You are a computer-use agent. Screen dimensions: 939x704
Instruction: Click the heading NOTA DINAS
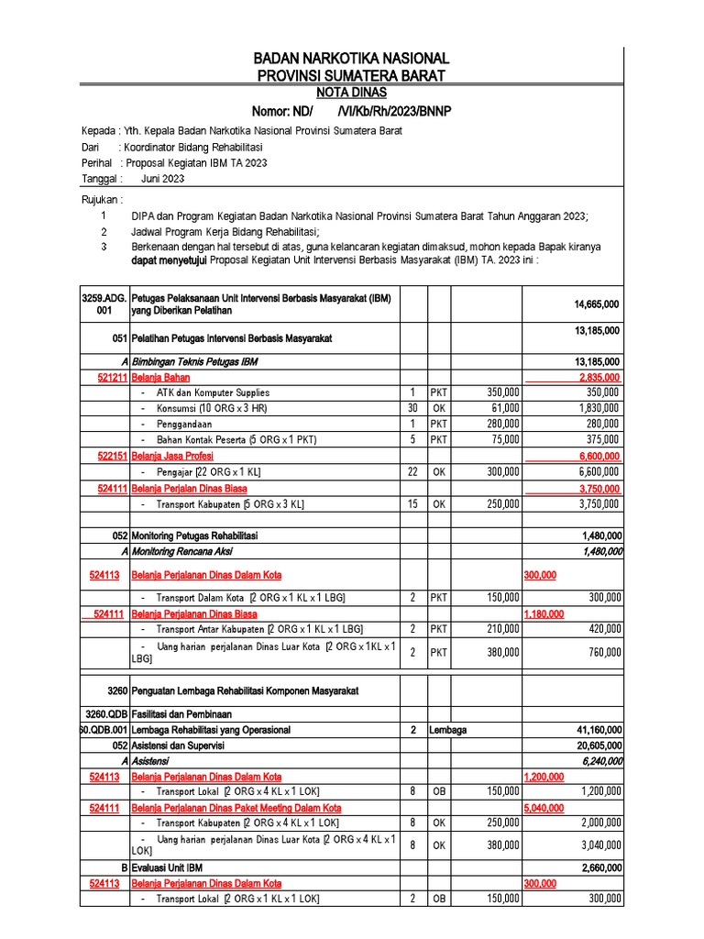(x=351, y=93)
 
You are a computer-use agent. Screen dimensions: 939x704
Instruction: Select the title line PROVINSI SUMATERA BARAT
(x=351, y=75)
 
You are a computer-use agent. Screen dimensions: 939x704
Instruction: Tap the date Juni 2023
(x=162, y=179)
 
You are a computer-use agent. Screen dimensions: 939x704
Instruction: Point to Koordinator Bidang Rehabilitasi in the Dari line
(x=193, y=147)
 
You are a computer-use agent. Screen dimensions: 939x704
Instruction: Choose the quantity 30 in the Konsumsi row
(x=412, y=408)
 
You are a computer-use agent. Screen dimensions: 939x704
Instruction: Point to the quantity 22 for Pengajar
(x=412, y=471)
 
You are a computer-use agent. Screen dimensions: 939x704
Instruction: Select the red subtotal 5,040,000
(x=543, y=808)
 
